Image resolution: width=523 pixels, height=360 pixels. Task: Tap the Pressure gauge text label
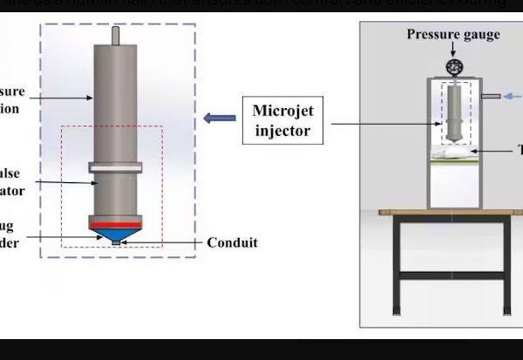click(x=453, y=35)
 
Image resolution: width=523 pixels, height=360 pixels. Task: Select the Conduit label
click(x=232, y=243)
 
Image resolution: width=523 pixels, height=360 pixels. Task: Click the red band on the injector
click(x=116, y=225)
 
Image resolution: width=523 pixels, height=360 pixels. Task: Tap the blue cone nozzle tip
click(x=116, y=236)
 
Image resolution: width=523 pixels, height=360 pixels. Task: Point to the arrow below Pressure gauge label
click(x=452, y=51)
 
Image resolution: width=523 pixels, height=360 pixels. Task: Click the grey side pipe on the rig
click(x=490, y=96)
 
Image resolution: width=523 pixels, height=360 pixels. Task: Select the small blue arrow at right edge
click(x=515, y=96)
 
